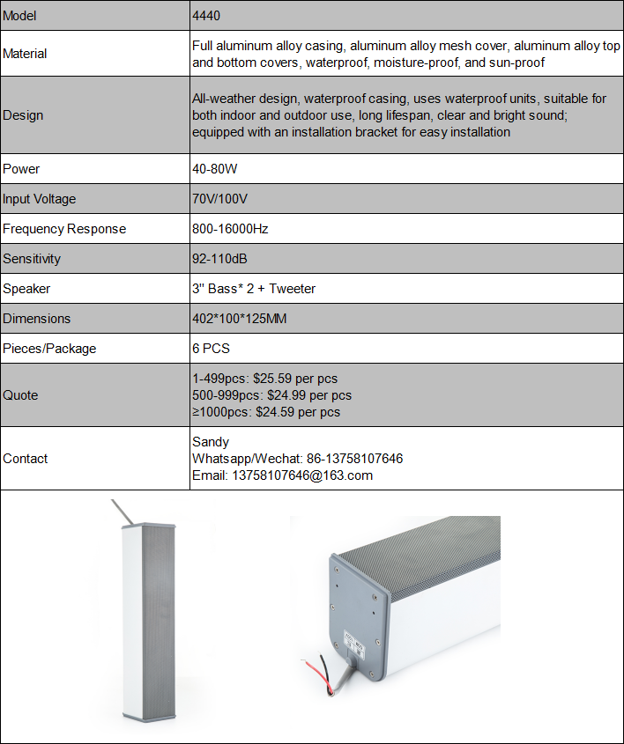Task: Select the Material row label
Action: point(26,54)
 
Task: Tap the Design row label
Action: point(23,115)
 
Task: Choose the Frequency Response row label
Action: point(64,229)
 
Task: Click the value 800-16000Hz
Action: point(230,229)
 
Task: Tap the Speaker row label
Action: point(26,289)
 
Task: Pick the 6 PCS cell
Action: point(211,349)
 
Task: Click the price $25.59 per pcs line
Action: point(264,379)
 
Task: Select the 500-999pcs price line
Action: point(271,395)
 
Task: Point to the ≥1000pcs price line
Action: point(266,411)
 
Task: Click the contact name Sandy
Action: point(211,442)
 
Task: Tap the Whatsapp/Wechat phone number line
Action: point(297,459)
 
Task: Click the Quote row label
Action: point(20,395)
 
